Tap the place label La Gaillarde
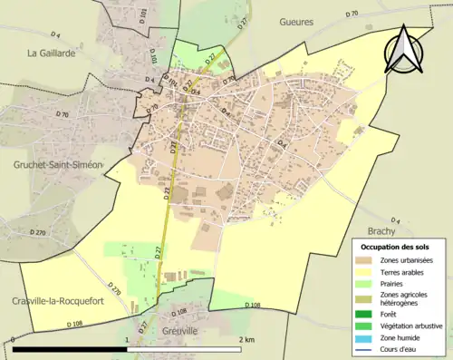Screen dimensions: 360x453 pos(51,53)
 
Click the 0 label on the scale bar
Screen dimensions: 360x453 pos(13,339)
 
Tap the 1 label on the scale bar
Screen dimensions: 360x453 pos(126,339)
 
